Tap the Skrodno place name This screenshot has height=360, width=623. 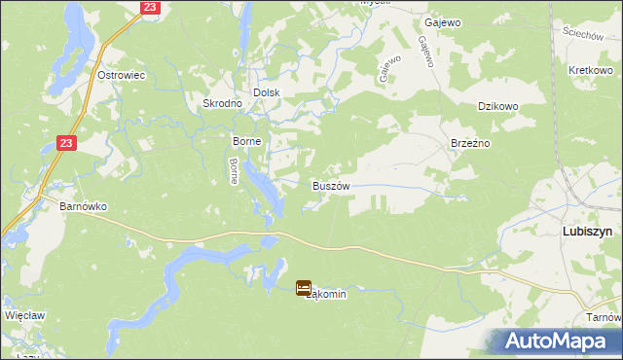(x=222, y=103)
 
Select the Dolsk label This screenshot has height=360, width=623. (x=267, y=92)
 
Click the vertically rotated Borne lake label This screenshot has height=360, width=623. (x=234, y=171)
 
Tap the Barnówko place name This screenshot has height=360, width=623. (x=83, y=206)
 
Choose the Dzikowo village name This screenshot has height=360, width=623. (x=496, y=109)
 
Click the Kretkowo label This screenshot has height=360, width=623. (x=589, y=72)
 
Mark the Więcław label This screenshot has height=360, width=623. (x=25, y=316)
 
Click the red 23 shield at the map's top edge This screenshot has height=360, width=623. (x=148, y=7)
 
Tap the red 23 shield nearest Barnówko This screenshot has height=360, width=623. (x=65, y=143)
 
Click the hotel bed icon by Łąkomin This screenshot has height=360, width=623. (x=304, y=288)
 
